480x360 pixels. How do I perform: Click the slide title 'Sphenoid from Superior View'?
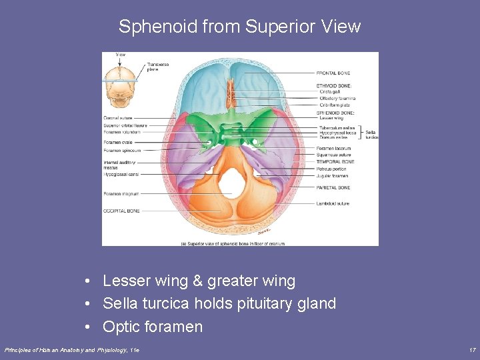(x=239, y=27)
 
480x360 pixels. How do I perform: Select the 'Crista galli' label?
(x=329, y=92)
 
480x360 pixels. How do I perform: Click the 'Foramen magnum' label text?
(x=121, y=194)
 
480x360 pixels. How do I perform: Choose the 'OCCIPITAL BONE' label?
(x=121, y=211)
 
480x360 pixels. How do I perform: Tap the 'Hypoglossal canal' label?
(x=121, y=174)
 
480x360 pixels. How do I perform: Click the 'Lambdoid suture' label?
(x=333, y=203)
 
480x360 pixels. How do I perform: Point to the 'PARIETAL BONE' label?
(x=333, y=187)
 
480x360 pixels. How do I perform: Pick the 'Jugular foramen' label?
(x=332, y=176)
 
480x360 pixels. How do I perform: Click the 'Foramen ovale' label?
(x=119, y=141)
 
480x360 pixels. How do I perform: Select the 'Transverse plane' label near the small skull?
(x=157, y=67)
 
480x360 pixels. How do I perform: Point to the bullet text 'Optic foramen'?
(x=153, y=327)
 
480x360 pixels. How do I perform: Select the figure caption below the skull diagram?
(x=233, y=244)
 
